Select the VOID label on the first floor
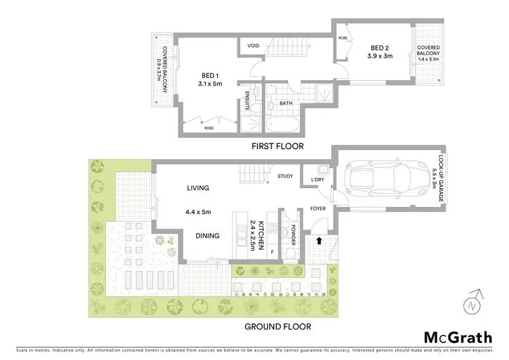pos(253,46)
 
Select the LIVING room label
pos(198,188)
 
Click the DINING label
pos(207,236)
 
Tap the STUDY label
pos(285,177)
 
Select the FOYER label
pos(318,209)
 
